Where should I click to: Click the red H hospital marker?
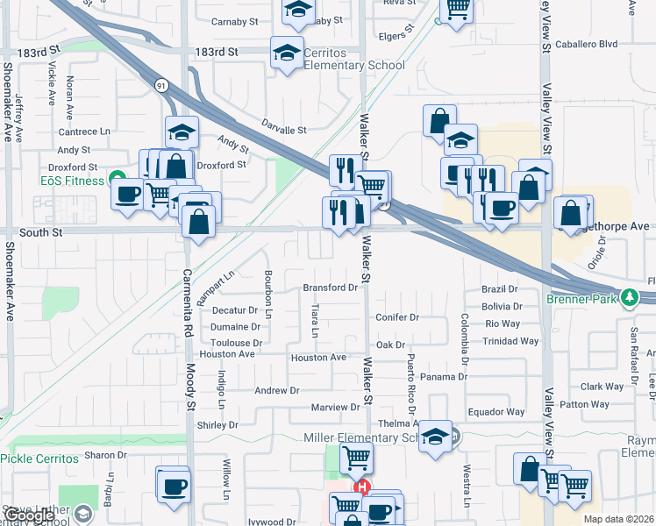(360, 487)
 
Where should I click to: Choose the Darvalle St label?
(282, 130)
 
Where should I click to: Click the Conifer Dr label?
(397, 317)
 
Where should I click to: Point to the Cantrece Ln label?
(85, 131)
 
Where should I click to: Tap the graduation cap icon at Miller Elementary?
(435, 437)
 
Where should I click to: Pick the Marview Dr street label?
(336, 408)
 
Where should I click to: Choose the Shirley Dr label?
(217, 425)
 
